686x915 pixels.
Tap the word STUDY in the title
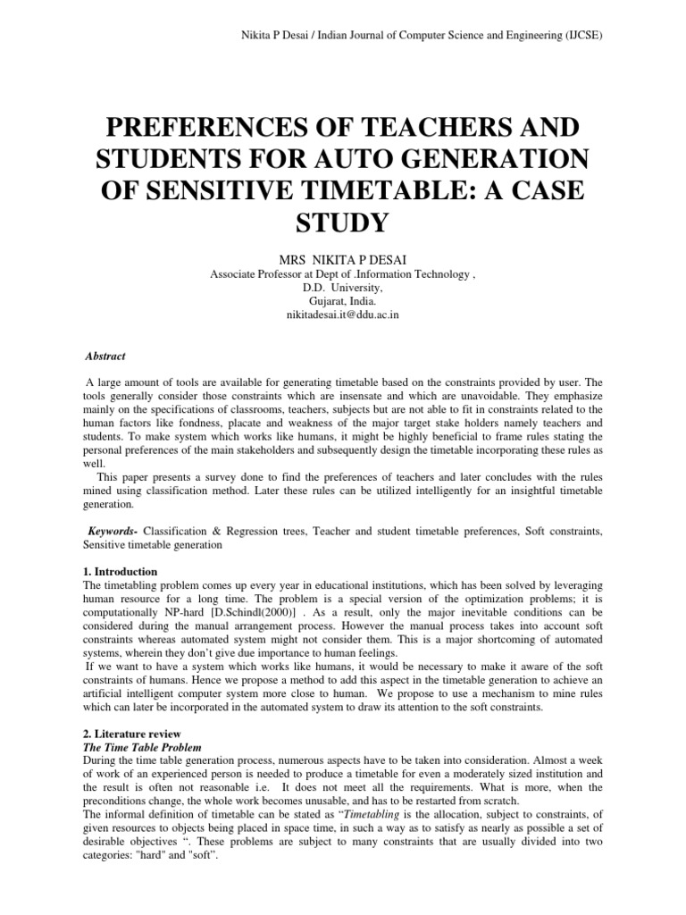coord(343,221)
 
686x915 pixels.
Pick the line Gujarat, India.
coord(343,303)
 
